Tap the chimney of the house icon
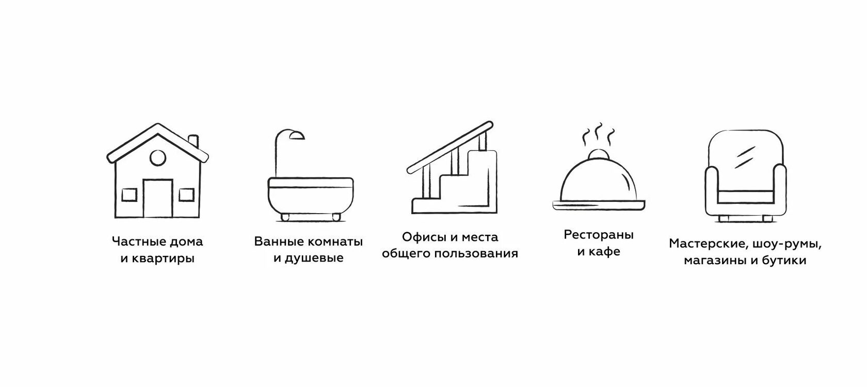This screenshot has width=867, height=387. click(194, 141)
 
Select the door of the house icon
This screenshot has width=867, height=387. click(157, 198)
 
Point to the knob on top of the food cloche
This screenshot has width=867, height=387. click(598, 154)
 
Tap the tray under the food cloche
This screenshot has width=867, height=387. click(599, 205)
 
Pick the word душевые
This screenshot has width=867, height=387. click(315, 258)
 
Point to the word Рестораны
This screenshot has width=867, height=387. click(599, 235)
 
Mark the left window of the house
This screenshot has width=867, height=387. click(129, 195)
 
